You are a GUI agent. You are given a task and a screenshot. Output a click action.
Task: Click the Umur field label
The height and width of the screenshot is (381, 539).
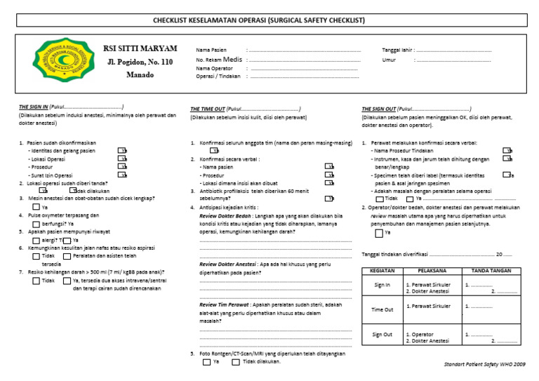(x=389, y=60)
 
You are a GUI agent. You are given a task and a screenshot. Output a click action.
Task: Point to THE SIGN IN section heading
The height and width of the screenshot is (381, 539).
(x=34, y=107)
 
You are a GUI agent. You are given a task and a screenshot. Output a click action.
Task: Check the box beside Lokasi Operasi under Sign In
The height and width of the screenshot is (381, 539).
(x=123, y=159)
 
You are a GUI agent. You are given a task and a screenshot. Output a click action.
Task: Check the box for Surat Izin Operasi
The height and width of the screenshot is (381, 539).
(x=123, y=175)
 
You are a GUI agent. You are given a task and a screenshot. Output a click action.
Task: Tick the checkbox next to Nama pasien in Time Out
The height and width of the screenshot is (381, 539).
(x=329, y=167)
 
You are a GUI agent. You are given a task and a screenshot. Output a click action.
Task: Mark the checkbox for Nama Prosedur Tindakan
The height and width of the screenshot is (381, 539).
(x=507, y=151)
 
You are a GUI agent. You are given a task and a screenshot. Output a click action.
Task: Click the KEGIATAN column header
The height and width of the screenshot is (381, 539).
(x=382, y=270)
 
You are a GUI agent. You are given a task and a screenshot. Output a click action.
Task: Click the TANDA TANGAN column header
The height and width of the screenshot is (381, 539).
(x=491, y=270)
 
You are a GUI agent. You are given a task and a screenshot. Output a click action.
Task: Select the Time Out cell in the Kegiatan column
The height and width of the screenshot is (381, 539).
(x=382, y=309)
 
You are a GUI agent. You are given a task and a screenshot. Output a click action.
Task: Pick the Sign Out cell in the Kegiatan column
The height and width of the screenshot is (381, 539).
(x=382, y=335)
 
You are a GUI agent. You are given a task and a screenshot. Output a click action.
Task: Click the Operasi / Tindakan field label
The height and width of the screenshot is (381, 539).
(x=219, y=76)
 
